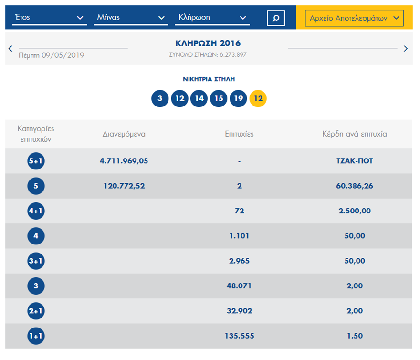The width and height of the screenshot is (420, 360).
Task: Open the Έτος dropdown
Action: click(x=49, y=18)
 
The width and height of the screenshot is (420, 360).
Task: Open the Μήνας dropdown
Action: click(x=131, y=18)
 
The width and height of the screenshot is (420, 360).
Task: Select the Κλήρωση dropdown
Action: click(x=212, y=18)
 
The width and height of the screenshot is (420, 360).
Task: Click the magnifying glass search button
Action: click(x=276, y=18)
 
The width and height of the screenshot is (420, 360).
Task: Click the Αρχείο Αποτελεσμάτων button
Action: click(x=354, y=18)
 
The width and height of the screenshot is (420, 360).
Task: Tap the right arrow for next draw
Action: click(x=406, y=48)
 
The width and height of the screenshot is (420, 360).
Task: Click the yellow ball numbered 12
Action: click(x=258, y=99)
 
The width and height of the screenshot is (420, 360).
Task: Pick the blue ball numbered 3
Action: click(x=160, y=99)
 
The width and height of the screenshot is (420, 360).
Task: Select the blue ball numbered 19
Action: click(x=238, y=99)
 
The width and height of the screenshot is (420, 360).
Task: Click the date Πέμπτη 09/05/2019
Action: click(x=51, y=55)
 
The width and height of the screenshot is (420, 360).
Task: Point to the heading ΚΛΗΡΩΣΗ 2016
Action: click(x=208, y=43)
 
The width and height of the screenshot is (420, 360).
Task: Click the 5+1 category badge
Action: click(x=36, y=161)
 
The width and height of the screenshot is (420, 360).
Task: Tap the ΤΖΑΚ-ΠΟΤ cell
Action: click(x=354, y=161)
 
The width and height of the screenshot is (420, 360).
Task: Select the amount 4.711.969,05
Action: click(x=124, y=161)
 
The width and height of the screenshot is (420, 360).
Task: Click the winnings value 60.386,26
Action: click(x=354, y=186)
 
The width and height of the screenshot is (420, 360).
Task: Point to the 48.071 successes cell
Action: click(x=239, y=286)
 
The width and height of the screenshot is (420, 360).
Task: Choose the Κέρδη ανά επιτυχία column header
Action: click(x=354, y=134)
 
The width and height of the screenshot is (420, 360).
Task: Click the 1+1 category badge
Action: click(x=36, y=336)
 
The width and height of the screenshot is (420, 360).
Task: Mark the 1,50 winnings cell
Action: click(x=354, y=336)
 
